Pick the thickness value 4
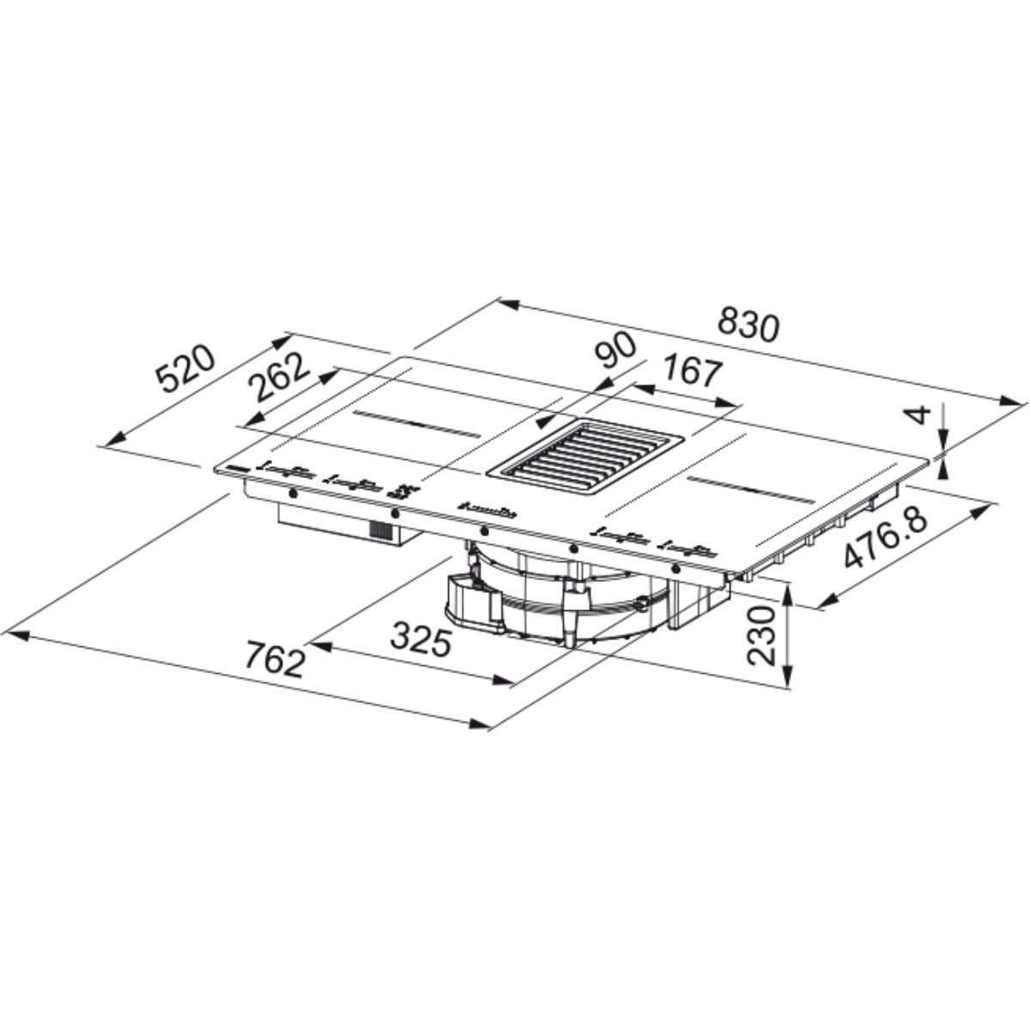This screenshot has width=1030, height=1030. coord(920,415)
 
